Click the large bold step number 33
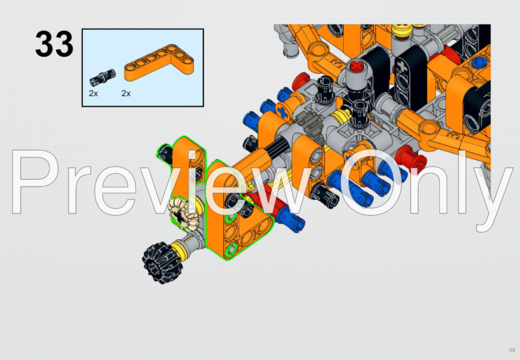pos(54,44)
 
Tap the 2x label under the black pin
pos(93,93)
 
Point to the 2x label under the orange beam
pos(126,93)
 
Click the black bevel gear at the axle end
pos(158,261)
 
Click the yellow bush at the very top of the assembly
pos(401,29)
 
